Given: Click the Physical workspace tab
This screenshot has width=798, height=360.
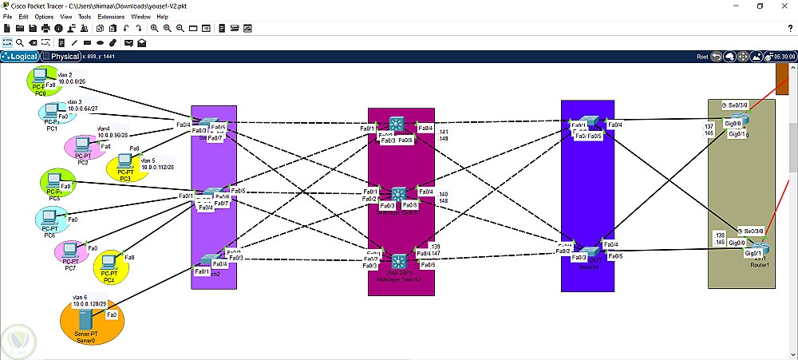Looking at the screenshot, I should coord(61,57).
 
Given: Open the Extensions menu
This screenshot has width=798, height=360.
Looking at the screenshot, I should coord(111,16).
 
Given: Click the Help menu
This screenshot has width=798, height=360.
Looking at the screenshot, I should coord(162,16).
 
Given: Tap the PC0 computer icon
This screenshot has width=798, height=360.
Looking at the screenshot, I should coord(38,78).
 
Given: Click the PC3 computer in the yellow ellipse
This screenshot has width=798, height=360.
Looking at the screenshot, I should coord(125,164).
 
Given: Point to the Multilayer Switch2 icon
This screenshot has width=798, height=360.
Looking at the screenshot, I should coord(398,261).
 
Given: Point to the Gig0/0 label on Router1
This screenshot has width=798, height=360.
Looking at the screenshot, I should coord(737,242).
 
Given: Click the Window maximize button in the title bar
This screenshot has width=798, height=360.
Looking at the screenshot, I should coord(759,6).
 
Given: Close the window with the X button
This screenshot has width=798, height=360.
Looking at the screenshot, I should coord(785,6).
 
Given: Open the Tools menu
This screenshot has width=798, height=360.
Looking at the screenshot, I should coord(85,16).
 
